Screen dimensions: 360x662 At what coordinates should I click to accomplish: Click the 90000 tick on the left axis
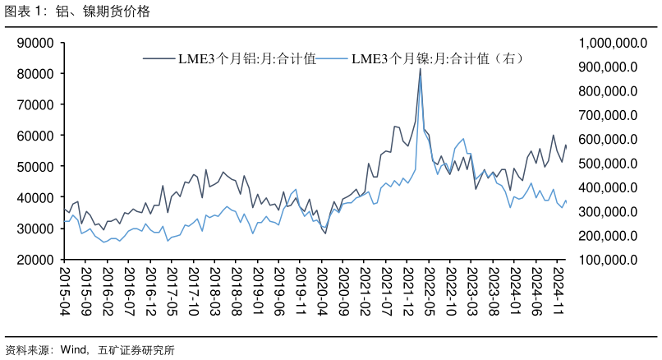(36, 43)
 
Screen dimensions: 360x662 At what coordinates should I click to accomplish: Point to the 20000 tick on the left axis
(36, 260)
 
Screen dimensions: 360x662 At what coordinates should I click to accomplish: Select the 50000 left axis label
(36, 167)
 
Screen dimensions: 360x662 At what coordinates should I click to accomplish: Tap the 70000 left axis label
(36, 105)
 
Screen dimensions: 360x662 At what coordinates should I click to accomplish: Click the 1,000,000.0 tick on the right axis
(607, 43)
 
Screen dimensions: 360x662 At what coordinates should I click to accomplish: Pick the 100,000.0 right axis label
(609, 260)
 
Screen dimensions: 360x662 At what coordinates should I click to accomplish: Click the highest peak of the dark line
(421, 68)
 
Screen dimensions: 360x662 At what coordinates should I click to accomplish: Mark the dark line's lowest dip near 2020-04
(325, 233)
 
